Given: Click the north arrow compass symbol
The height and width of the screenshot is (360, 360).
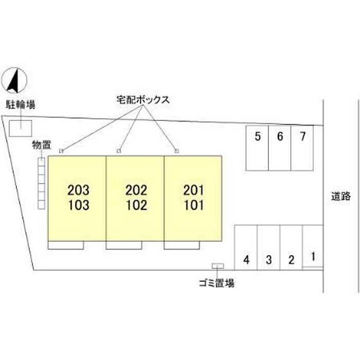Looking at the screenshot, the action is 14,80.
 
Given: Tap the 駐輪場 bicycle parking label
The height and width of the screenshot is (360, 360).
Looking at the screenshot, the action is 21,105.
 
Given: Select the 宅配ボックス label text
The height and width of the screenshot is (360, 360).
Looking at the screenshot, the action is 143,100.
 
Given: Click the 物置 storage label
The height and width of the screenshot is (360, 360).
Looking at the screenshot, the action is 42,145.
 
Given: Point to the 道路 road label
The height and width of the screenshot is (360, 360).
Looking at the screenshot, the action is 340,196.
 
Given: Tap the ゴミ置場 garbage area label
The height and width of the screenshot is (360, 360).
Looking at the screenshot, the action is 217,283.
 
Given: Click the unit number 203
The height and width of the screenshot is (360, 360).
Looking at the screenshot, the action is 78,190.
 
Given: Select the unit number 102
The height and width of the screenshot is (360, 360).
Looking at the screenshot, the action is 136,205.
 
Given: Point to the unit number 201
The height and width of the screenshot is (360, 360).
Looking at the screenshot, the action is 193,190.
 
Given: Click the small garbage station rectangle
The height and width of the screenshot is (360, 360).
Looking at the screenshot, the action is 218,266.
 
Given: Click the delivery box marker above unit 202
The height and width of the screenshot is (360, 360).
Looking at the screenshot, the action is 119,151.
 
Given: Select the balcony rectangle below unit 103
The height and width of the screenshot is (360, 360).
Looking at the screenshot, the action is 66,245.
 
